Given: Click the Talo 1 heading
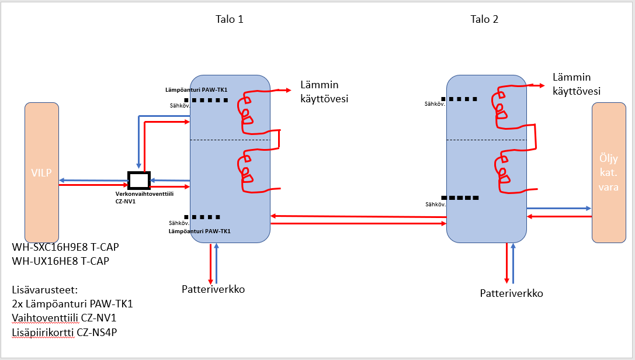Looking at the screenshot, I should [x=229, y=19].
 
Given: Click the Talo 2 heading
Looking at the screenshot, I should [x=484, y=19].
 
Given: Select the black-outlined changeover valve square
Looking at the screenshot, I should [x=139, y=179].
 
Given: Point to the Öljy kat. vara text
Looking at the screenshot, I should [x=613, y=173].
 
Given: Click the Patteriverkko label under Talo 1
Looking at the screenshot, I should [x=213, y=289].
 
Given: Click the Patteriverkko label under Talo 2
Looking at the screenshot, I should [x=511, y=293].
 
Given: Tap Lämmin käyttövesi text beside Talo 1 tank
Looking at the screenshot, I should [x=324, y=92].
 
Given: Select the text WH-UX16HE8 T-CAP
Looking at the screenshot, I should [x=61, y=261].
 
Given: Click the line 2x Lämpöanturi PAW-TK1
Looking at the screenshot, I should [x=72, y=304].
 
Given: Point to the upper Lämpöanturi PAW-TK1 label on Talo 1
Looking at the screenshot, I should [x=196, y=90].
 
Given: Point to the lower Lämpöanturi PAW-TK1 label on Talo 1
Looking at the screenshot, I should [x=199, y=231].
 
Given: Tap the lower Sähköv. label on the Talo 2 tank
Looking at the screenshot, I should [x=435, y=205].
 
